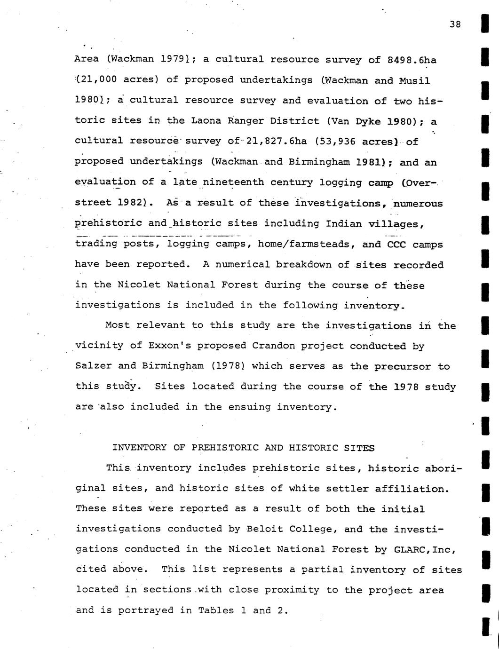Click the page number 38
point(455,24)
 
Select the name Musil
point(414,80)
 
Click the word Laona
point(206,120)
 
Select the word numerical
point(237,264)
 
